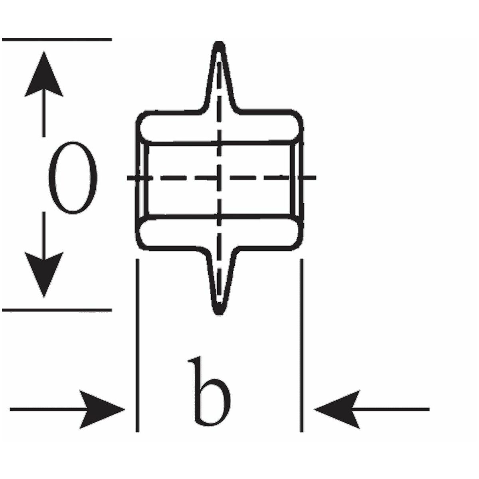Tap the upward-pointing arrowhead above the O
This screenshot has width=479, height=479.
44,74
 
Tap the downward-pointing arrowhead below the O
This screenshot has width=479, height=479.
44,275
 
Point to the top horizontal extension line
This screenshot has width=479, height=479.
57,39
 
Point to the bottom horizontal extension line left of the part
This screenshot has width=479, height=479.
57,310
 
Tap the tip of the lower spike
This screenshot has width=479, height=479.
219,314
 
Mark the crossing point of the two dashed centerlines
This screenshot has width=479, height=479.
219,178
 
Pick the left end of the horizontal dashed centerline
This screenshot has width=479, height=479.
127,178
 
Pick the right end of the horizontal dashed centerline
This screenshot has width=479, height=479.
316,177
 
